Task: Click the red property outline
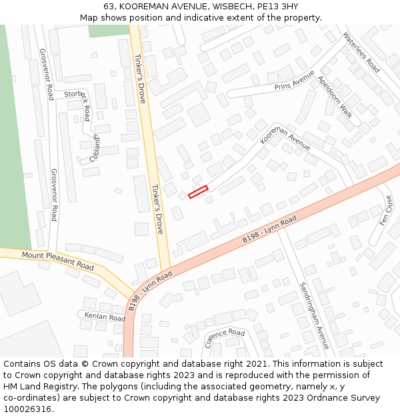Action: pyautogui.click(x=198, y=192)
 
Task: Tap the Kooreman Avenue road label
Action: pyautogui.click(x=285, y=136)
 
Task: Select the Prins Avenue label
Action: pyautogui.click(x=294, y=81)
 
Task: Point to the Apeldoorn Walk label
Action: pyautogui.click(x=335, y=97)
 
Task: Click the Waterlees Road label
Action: pyautogui.click(x=361, y=53)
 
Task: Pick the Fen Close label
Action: pyautogui.click(x=386, y=210)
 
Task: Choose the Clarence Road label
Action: pyautogui.click(x=225, y=337)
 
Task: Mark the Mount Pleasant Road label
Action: pyautogui.click(x=57, y=260)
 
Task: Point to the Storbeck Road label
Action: pyautogui.click(x=77, y=101)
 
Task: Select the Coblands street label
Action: pyautogui.click(x=95, y=148)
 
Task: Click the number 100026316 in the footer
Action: pyautogui.click(x=27, y=409)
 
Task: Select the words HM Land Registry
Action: pyautogui.click(x=35, y=387)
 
